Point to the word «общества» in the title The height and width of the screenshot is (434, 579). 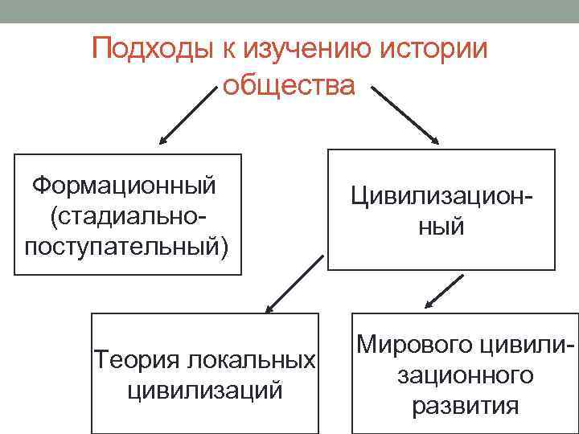pos(288,84)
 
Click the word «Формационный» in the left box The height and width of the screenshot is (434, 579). pos(124,186)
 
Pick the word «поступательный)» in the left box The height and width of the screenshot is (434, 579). pos(127,244)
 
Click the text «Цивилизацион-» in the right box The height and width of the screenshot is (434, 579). pos(441,195)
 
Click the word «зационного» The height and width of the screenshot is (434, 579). pos(465,375)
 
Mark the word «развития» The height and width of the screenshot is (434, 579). pos(465,405)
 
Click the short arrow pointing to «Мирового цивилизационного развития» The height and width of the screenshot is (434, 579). pos(445,291)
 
